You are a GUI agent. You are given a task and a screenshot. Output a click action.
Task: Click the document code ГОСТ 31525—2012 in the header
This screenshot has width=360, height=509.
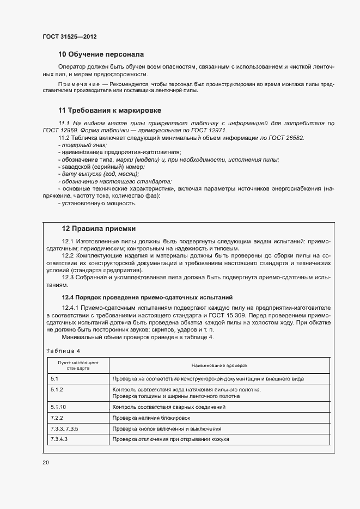[x=70, y=36]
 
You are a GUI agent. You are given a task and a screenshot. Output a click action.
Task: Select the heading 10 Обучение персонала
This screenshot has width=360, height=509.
[x=101, y=54]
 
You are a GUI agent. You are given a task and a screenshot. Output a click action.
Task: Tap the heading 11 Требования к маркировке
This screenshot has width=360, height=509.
[x=109, y=110]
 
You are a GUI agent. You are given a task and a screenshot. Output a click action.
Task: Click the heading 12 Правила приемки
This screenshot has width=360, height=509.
[x=98, y=229]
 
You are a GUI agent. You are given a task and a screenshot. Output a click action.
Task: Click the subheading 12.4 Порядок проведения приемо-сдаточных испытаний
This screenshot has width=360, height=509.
[x=147, y=297]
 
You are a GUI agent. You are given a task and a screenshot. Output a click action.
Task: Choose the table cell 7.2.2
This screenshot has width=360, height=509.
[x=57, y=418]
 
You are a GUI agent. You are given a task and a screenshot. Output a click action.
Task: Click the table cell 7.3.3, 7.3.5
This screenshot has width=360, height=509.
[x=64, y=428]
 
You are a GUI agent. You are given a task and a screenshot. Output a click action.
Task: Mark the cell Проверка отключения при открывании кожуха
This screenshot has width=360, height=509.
[x=170, y=439]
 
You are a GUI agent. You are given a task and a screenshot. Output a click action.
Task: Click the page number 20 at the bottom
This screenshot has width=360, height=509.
[x=46, y=463]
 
